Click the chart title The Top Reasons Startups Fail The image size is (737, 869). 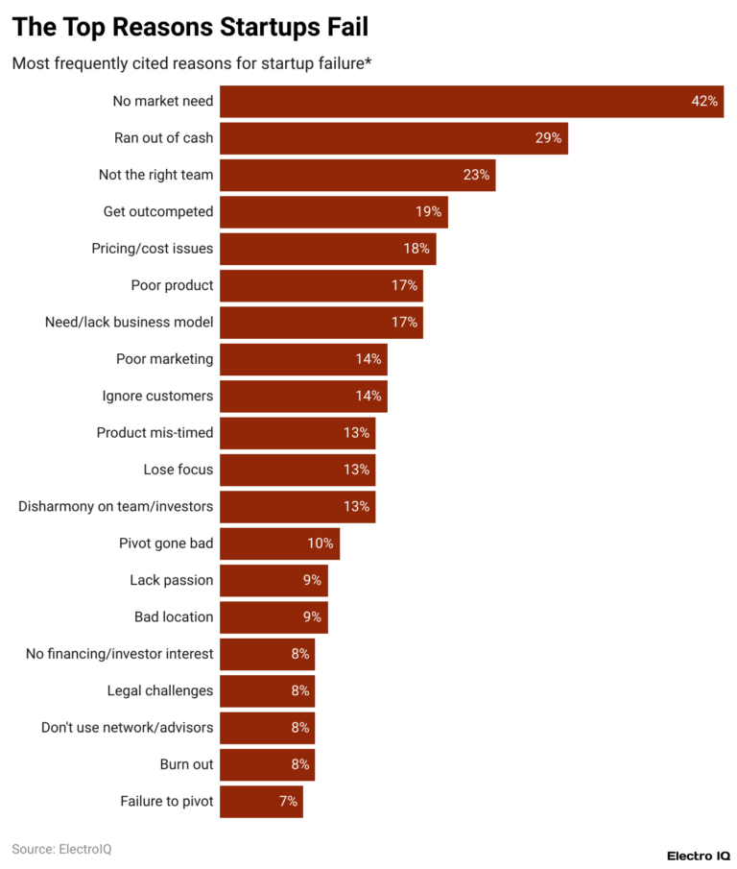point(189,27)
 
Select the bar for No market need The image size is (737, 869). point(470,101)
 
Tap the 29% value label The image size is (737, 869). point(548,138)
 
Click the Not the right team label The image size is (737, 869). point(155,175)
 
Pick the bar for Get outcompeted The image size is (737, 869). point(333,211)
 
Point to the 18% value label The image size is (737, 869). point(416,249)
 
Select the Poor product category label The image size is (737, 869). point(172,285)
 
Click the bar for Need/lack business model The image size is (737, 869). point(321,323)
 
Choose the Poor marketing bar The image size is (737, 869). point(302,359)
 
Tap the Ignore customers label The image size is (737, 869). point(157,396)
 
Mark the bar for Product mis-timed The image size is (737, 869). point(297,433)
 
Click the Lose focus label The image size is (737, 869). point(177,470)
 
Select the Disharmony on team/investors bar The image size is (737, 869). point(297,506)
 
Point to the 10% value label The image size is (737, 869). point(320,543)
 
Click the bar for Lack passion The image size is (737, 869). point(273,580)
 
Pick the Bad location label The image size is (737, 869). point(174,616)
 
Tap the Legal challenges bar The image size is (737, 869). point(267,690)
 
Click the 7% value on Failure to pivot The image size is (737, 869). point(288,801)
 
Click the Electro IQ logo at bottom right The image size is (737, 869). point(698,855)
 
